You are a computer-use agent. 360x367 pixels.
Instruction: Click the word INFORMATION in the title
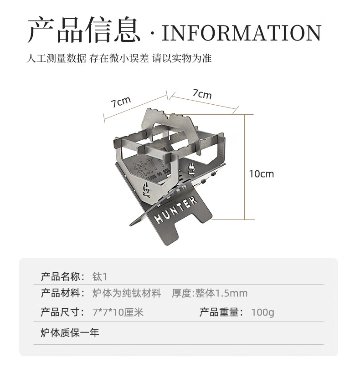[x=242, y=33]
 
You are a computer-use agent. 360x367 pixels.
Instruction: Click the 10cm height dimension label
[x=262, y=173]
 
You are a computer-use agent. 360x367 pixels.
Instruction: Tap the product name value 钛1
[x=99, y=276]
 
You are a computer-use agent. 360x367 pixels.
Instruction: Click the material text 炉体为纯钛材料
[x=127, y=294]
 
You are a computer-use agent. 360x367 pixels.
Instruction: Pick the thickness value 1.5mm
[x=232, y=294]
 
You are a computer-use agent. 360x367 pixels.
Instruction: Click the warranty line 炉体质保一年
[x=70, y=332]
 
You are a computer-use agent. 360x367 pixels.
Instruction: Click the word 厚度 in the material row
[x=182, y=294]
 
